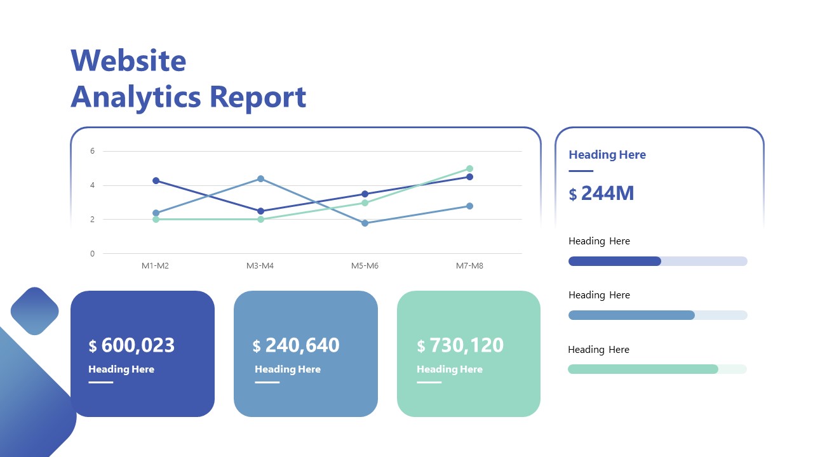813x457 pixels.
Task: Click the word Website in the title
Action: (x=128, y=61)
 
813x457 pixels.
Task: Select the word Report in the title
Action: (x=258, y=97)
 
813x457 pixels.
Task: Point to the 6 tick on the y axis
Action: (x=92, y=151)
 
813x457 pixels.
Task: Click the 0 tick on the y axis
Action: (x=92, y=253)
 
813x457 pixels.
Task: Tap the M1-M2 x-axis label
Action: (x=155, y=266)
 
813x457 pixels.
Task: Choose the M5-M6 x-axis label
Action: (x=365, y=266)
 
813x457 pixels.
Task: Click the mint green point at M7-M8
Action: (x=469, y=169)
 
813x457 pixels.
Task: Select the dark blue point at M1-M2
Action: (x=156, y=181)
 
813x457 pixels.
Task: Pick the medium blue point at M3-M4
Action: (x=260, y=179)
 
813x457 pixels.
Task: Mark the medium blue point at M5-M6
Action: (x=365, y=223)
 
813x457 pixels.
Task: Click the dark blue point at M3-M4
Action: (x=260, y=211)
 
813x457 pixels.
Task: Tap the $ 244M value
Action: (x=601, y=194)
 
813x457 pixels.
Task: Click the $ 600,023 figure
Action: (x=131, y=345)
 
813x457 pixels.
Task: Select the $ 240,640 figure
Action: (x=296, y=345)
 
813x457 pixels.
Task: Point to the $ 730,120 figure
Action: (x=460, y=345)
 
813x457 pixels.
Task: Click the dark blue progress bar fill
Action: (x=614, y=261)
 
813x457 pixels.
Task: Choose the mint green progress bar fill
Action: (x=642, y=369)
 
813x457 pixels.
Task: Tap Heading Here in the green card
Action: (x=450, y=369)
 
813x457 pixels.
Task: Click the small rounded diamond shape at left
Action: (x=35, y=311)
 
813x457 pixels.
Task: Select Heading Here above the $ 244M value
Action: (x=607, y=155)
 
